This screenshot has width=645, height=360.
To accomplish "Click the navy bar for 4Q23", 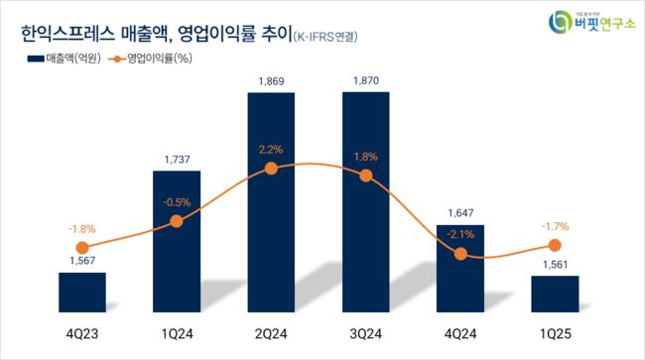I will pyautogui.click(x=81, y=292).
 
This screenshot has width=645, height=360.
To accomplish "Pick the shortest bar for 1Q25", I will pyautogui.click(x=555, y=294).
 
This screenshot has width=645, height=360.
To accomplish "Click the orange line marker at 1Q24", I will pyautogui.click(x=177, y=221).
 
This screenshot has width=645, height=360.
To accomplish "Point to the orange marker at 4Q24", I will pyautogui.click(x=460, y=254).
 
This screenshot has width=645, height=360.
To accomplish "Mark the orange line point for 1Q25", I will pyautogui.click(x=555, y=245).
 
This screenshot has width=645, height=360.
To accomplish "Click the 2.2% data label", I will pyautogui.click(x=271, y=150).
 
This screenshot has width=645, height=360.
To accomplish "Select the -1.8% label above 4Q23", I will pyautogui.click(x=81, y=230).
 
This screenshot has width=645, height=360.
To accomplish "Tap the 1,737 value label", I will pyautogui.click(x=177, y=159).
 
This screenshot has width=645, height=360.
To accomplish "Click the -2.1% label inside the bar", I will pyautogui.click(x=460, y=234).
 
